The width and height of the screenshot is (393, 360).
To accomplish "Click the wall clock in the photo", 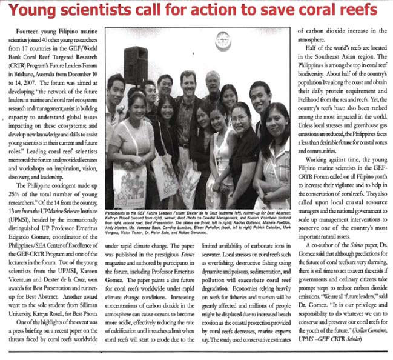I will [222, 40].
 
